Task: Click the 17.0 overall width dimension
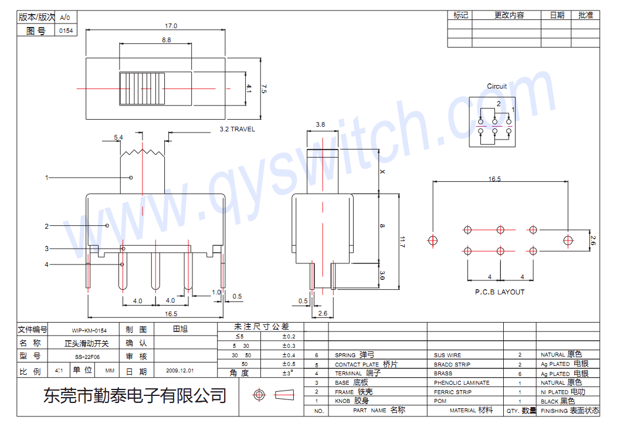point(171,26)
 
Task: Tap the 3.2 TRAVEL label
point(237,129)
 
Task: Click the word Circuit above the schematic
point(497,86)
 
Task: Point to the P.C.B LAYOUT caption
point(500,292)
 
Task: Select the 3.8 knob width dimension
point(320,124)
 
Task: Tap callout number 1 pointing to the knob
point(47,177)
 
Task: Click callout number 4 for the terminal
point(47,265)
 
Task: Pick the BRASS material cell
point(443,374)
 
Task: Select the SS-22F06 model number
point(87,357)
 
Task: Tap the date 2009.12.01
point(179,371)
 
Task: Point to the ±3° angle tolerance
point(287,373)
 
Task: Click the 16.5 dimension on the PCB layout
point(494,179)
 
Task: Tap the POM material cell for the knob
point(439,401)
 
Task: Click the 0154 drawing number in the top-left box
point(66,31)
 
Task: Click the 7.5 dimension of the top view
point(263,89)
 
